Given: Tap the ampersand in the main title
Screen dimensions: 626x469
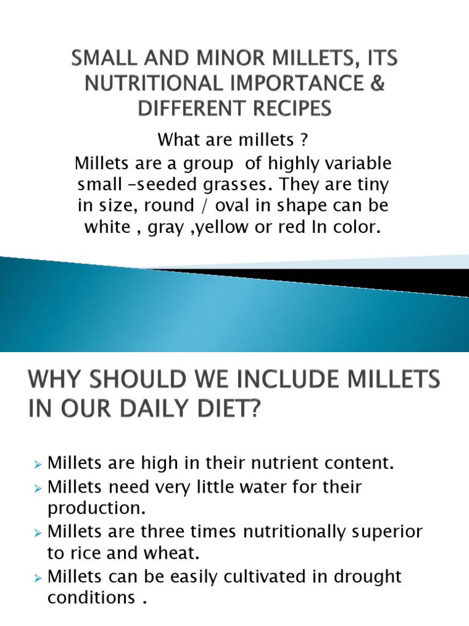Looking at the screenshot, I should coord(378,84).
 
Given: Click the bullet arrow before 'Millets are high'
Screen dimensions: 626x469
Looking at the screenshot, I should coord(38,465).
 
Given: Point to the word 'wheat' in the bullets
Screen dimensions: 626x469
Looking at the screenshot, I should coord(170,553).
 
